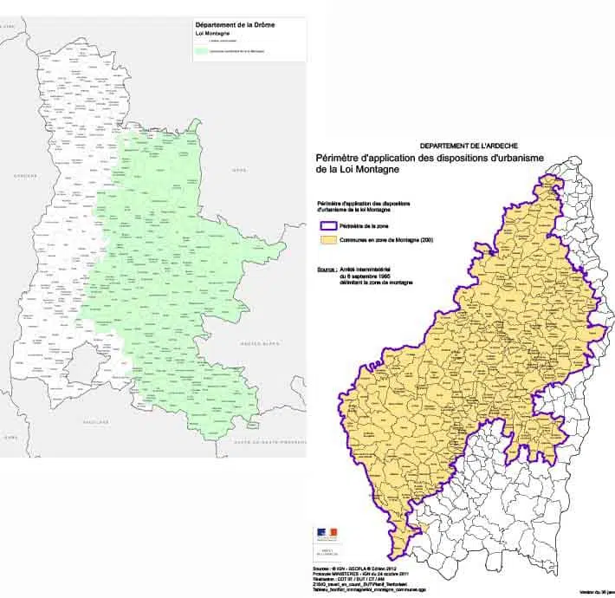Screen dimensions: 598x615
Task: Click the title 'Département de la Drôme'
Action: coord(229,26)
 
